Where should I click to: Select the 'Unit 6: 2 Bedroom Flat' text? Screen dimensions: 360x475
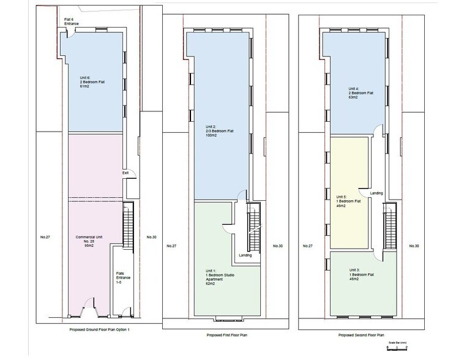tap(90, 82)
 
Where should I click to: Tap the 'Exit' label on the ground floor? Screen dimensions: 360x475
tap(125, 173)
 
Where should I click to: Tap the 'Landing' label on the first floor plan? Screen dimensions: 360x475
tap(244, 256)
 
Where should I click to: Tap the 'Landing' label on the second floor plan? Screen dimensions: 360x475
tap(376, 193)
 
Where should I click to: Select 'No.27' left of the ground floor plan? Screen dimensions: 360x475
tap(43, 236)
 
